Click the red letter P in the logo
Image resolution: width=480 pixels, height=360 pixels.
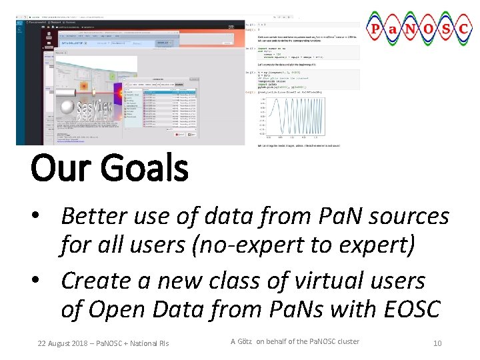coord(376,30)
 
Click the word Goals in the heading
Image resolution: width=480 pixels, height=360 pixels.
coord(144,168)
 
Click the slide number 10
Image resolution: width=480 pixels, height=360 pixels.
coord(437,343)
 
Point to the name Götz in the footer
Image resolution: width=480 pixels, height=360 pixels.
coord(246,341)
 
